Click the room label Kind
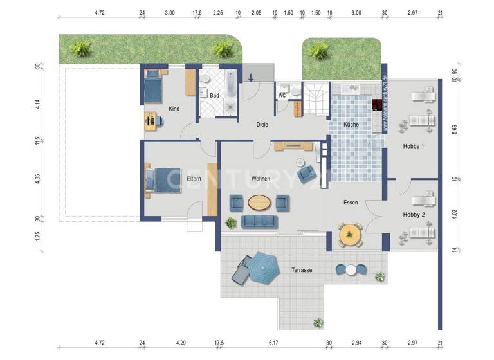pos(174,109)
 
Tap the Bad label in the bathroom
pos(214,96)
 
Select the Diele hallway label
pos(262,125)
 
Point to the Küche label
pos(351,125)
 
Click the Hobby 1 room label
pos(414,147)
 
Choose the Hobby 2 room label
pos(414,215)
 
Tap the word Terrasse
pos(301,270)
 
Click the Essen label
pos(351,203)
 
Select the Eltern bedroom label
pos(194,179)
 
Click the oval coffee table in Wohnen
pos(259,203)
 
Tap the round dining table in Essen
pos(350,235)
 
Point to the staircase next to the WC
pos(315,101)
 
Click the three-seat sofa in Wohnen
pos(259,222)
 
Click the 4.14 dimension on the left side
pos(39,103)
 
